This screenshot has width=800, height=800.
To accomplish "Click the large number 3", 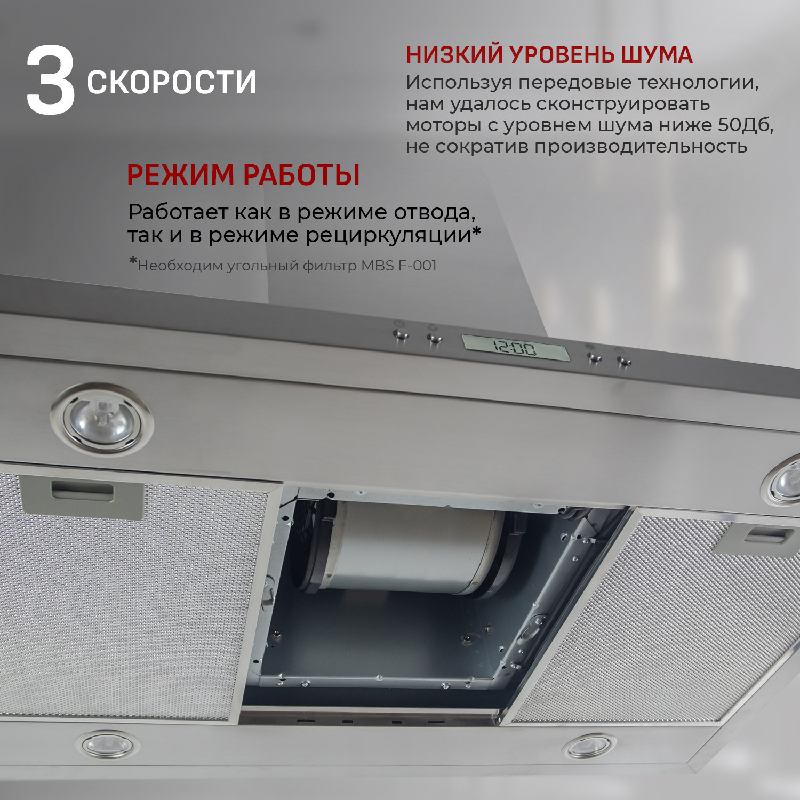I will click(51, 81).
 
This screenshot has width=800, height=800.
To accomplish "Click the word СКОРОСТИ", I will click(172, 83).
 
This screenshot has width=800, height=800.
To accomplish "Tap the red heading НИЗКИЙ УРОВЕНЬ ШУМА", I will click(549, 55).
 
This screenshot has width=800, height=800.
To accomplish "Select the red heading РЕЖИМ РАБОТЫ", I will click(243, 175).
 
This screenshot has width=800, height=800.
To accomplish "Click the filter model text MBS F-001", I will click(399, 266).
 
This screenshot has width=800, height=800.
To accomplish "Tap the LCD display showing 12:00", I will click(515, 348).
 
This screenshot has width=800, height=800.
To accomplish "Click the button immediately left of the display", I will click(434, 339).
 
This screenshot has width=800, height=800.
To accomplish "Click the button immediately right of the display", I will click(594, 358).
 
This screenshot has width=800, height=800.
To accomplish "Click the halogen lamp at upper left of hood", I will click(102, 419).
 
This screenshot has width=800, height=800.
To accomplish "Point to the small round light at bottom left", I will click(107, 743).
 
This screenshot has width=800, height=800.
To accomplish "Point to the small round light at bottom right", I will click(589, 746).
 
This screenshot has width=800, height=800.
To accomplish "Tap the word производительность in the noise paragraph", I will click(641, 146).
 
